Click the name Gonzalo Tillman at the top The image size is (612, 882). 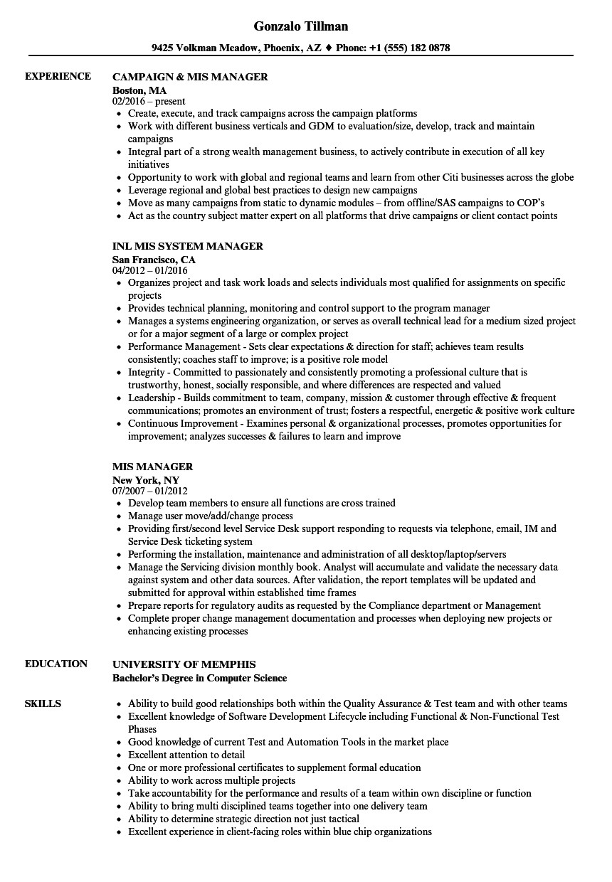(301, 26)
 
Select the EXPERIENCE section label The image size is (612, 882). (58, 76)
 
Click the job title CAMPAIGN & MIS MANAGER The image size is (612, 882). (190, 77)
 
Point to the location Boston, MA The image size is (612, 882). (139, 90)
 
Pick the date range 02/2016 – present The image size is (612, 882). (149, 101)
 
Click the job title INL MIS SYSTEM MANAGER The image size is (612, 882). (188, 246)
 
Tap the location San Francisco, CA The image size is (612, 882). (154, 259)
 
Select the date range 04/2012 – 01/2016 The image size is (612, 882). (150, 271)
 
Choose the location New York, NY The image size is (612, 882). (146, 479)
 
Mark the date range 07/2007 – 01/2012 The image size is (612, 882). (150, 491)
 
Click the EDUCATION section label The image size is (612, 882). (56, 664)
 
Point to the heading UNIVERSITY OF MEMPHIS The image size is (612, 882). (184, 664)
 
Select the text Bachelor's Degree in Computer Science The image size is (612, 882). (199, 678)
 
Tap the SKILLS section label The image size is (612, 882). (43, 703)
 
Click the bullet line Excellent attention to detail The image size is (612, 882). (186, 755)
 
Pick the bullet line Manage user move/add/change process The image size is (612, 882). (210, 516)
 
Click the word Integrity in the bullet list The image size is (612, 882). (146, 372)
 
